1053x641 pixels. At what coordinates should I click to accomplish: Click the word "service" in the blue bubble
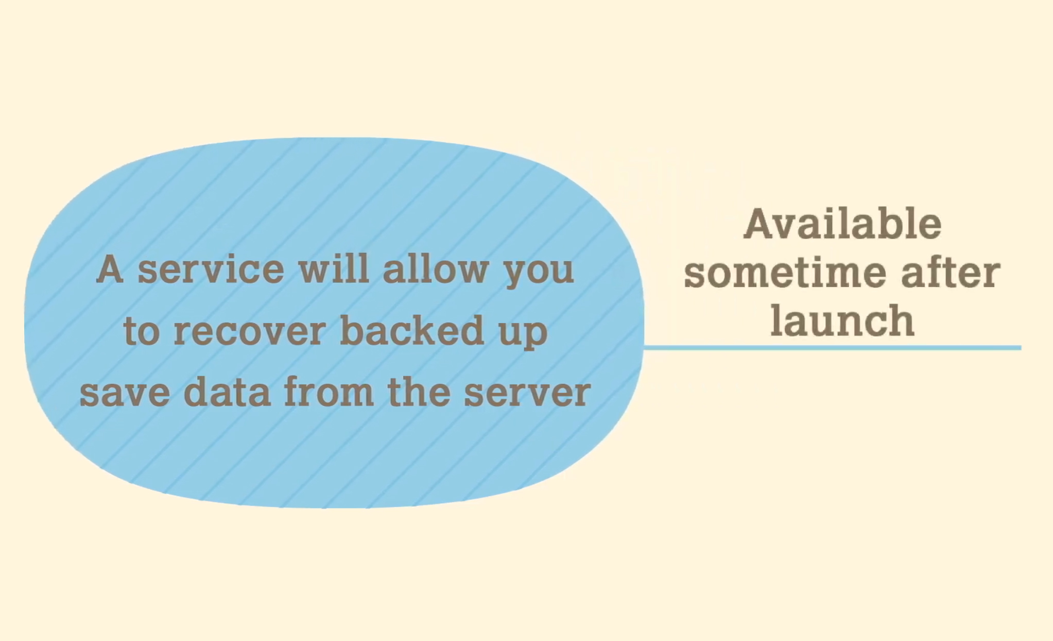tap(211, 269)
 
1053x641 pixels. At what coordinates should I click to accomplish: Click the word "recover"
tap(250, 331)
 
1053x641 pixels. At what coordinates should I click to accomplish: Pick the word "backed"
tap(412, 330)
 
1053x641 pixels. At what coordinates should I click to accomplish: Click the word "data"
tap(227, 391)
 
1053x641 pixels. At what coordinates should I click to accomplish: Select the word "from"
tap(329, 391)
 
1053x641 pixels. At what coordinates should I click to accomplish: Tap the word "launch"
tap(842, 320)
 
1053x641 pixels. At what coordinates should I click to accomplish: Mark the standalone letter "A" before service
tap(110, 269)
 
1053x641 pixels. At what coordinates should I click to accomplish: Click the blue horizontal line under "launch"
tap(833, 348)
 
